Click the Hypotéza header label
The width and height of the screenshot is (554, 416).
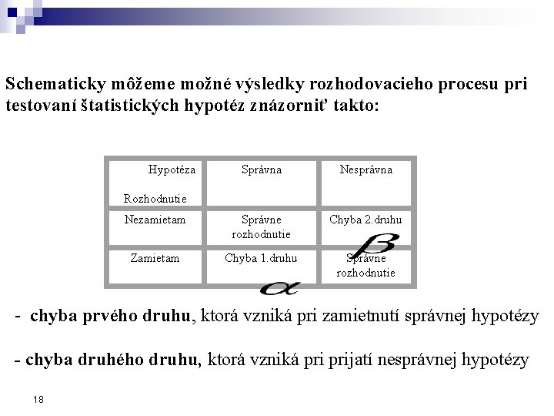tap(171, 169)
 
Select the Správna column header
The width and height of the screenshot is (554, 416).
tap(262, 169)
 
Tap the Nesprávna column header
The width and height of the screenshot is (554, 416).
tap(365, 169)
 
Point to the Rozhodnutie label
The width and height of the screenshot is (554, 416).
tap(155, 199)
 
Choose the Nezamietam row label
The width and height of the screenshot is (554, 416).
tap(155, 220)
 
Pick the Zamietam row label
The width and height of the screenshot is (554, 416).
tap(155, 258)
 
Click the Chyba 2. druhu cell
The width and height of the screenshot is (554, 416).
tap(365, 220)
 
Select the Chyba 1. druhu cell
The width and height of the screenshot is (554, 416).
tap(261, 258)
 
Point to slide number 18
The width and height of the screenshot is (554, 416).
tap(39, 399)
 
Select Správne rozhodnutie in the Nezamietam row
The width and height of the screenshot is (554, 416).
tap(261, 226)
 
